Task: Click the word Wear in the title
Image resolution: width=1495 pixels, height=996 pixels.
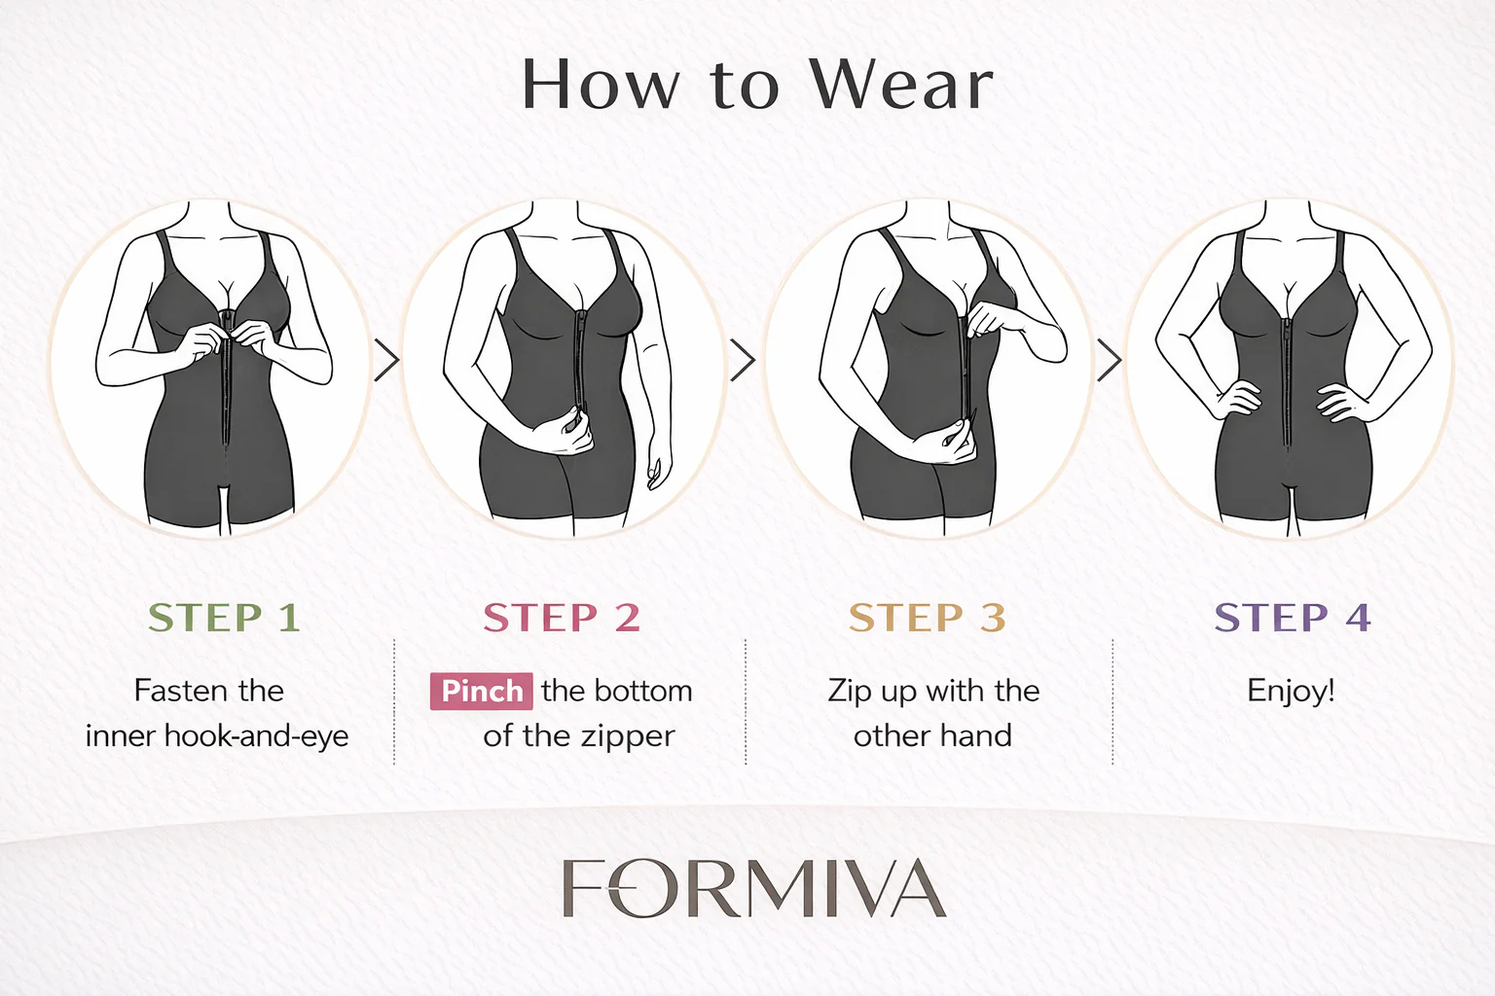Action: pyautogui.click(x=901, y=85)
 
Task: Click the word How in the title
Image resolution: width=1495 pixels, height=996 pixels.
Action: pyautogui.click(x=600, y=85)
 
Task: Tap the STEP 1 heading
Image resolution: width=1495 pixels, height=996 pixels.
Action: pyautogui.click(x=224, y=617)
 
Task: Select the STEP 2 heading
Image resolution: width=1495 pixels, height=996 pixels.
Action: pyautogui.click(x=562, y=617)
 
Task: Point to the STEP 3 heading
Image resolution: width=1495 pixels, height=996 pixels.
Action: pyautogui.click(x=927, y=617)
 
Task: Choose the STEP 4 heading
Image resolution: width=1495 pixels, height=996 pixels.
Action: pyautogui.click(x=1293, y=617)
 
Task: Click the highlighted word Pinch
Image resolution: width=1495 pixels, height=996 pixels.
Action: pyautogui.click(x=481, y=692)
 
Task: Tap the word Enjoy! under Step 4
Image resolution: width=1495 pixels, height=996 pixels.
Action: pyautogui.click(x=1291, y=692)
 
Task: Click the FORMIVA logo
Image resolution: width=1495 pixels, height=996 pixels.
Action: pyautogui.click(x=754, y=888)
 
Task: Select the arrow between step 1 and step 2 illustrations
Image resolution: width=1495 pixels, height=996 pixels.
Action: pyautogui.click(x=386, y=360)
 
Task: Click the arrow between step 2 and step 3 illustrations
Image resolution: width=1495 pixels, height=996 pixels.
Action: pyautogui.click(x=743, y=360)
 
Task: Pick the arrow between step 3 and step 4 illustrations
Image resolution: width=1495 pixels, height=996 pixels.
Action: pyautogui.click(x=1110, y=360)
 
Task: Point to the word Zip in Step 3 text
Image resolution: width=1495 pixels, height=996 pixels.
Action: pyautogui.click(x=850, y=692)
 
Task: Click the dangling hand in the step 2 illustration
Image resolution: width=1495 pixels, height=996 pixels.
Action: pyautogui.click(x=659, y=467)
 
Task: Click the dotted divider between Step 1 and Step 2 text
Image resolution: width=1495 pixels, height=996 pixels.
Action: pyautogui.click(x=394, y=702)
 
